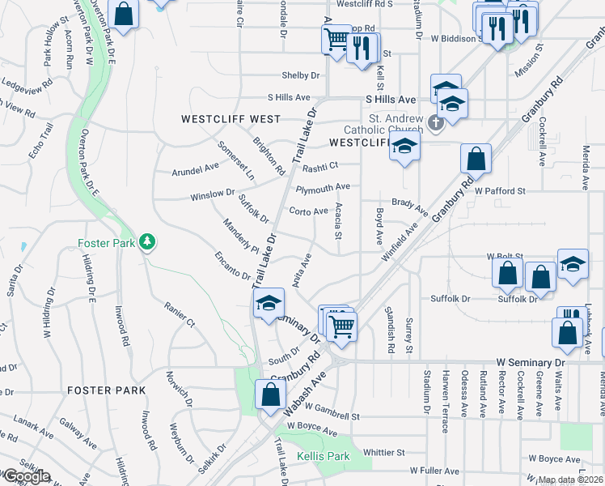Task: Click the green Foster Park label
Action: pos(107,242)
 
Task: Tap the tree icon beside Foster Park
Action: pos(146,241)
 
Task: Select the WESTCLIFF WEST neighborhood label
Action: pos(231,119)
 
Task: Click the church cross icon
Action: pos(436,123)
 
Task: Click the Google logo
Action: pos(27,475)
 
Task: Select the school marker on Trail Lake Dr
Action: pos(268,305)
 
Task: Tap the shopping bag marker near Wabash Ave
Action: pos(270,395)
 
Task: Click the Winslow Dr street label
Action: pos(212,195)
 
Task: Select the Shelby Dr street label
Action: pos(301,75)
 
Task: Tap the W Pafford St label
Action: pos(501,191)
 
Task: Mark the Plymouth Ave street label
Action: pos(323,188)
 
